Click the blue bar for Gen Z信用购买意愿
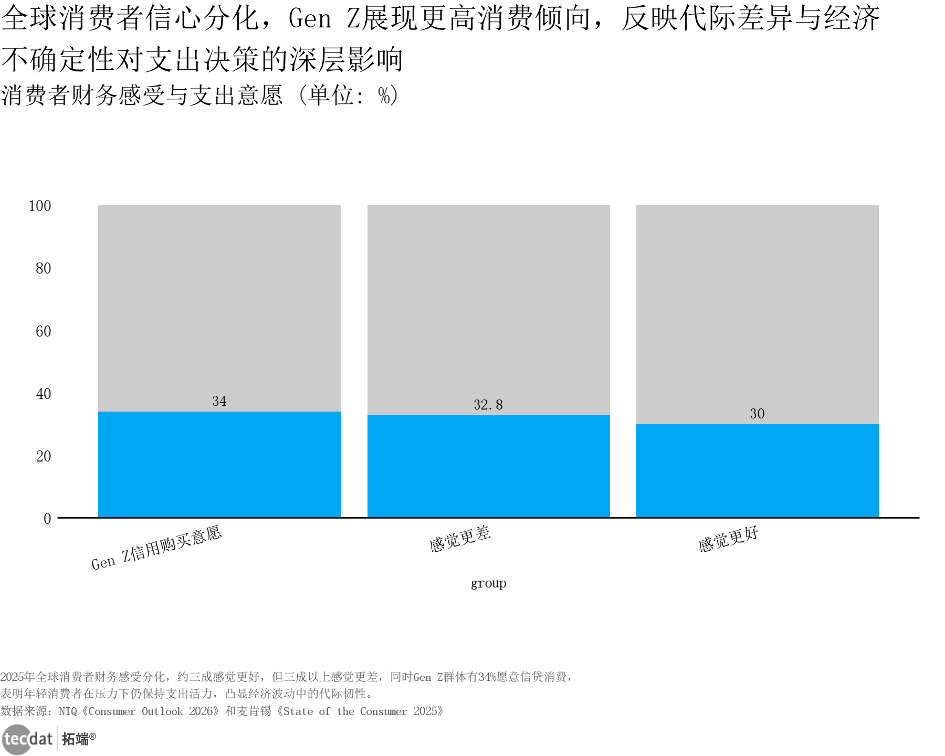[x=219, y=465]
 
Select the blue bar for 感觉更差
[x=488, y=466]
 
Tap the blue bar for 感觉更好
[x=757, y=471]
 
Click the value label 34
[x=219, y=402]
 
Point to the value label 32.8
[x=488, y=405]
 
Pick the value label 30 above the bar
[x=757, y=414]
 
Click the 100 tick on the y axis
[x=40, y=206]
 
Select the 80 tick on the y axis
[x=43, y=269]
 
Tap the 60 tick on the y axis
[x=43, y=331]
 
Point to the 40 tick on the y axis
[x=43, y=394]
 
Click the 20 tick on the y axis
[x=43, y=456]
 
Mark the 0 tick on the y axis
[x=47, y=519]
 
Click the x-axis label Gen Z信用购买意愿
[x=156, y=548]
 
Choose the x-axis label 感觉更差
[x=460, y=539]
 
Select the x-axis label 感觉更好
[x=728, y=539]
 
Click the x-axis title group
[x=488, y=583]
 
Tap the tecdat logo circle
[x=17, y=739]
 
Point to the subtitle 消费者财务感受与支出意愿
[x=142, y=96]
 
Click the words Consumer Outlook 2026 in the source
[x=150, y=711]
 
